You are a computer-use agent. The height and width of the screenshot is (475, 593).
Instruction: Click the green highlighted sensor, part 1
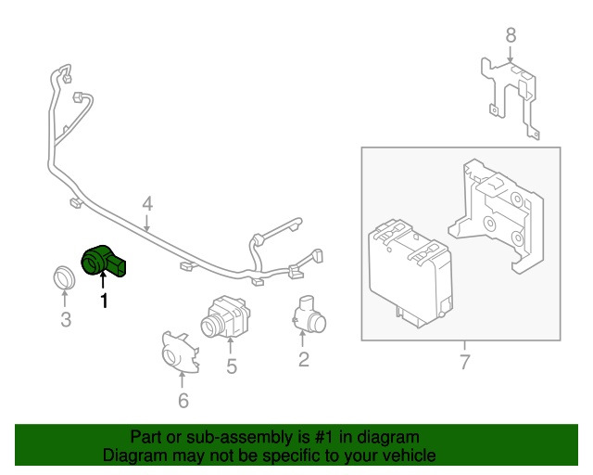(104, 261)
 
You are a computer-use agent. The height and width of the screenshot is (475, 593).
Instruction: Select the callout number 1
(104, 301)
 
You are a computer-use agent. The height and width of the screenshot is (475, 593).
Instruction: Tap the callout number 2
(303, 359)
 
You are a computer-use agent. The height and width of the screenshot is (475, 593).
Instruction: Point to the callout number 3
(65, 321)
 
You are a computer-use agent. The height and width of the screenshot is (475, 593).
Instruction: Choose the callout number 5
(231, 366)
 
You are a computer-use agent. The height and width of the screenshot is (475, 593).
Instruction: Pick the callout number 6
(183, 401)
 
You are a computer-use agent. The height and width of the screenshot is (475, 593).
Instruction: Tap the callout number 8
(509, 35)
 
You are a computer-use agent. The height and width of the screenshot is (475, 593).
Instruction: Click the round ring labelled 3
(64, 276)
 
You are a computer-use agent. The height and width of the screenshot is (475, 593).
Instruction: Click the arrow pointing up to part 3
(65, 301)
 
